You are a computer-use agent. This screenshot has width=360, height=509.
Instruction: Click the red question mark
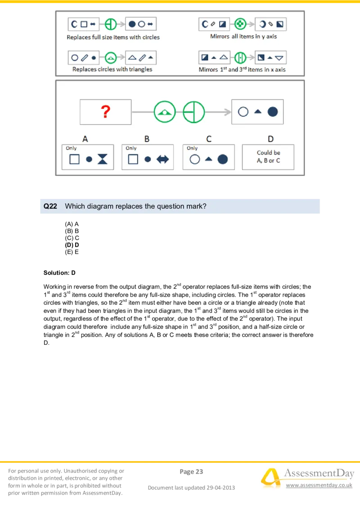pyautogui.click(x=105, y=111)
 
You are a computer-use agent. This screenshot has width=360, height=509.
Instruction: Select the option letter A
pyautogui.click(x=85, y=139)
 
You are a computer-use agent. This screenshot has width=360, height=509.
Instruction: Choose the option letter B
pyautogui.click(x=147, y=139)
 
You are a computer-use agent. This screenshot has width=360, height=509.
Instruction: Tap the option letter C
pyautogui.click(x=208, y=139)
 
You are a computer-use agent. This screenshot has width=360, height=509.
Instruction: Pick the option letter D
pyautogui.click(x=270, y=139)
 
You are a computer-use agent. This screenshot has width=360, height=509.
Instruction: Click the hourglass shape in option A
pyautogui.click(x=103, y=159)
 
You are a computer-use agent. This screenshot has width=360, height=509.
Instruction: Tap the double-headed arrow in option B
pyautogui.click(x=162, y=159)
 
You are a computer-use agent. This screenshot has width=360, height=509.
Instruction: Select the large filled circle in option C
pyautogui.click(x=223, y=159)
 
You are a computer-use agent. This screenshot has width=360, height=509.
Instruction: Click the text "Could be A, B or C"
pyautogui.click(x=268, y=156)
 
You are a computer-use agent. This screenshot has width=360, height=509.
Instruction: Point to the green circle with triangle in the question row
pyautogui.click(x=165, y=112)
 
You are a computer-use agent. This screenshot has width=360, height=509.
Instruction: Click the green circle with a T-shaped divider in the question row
pyautogui.click(x=194, y=112)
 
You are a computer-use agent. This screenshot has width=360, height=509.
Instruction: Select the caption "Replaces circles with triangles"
pyautogui.click(x=112, y=70)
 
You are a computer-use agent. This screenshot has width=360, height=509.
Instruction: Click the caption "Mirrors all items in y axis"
pyautogui.click(x=243, y=36)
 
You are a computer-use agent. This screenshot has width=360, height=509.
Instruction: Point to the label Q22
pyautogui.click(x=50, y=206)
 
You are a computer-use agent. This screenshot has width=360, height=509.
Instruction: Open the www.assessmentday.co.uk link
pyautogui.click(x=319, y=486)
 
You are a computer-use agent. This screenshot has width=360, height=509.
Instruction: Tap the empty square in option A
pyautogui.click(x=74, y=159)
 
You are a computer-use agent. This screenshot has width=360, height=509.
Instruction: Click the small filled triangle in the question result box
pyautogui.click(x=257, y=112)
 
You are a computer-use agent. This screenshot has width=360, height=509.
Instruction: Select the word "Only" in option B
pyautogui.click(x=131, y=148)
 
